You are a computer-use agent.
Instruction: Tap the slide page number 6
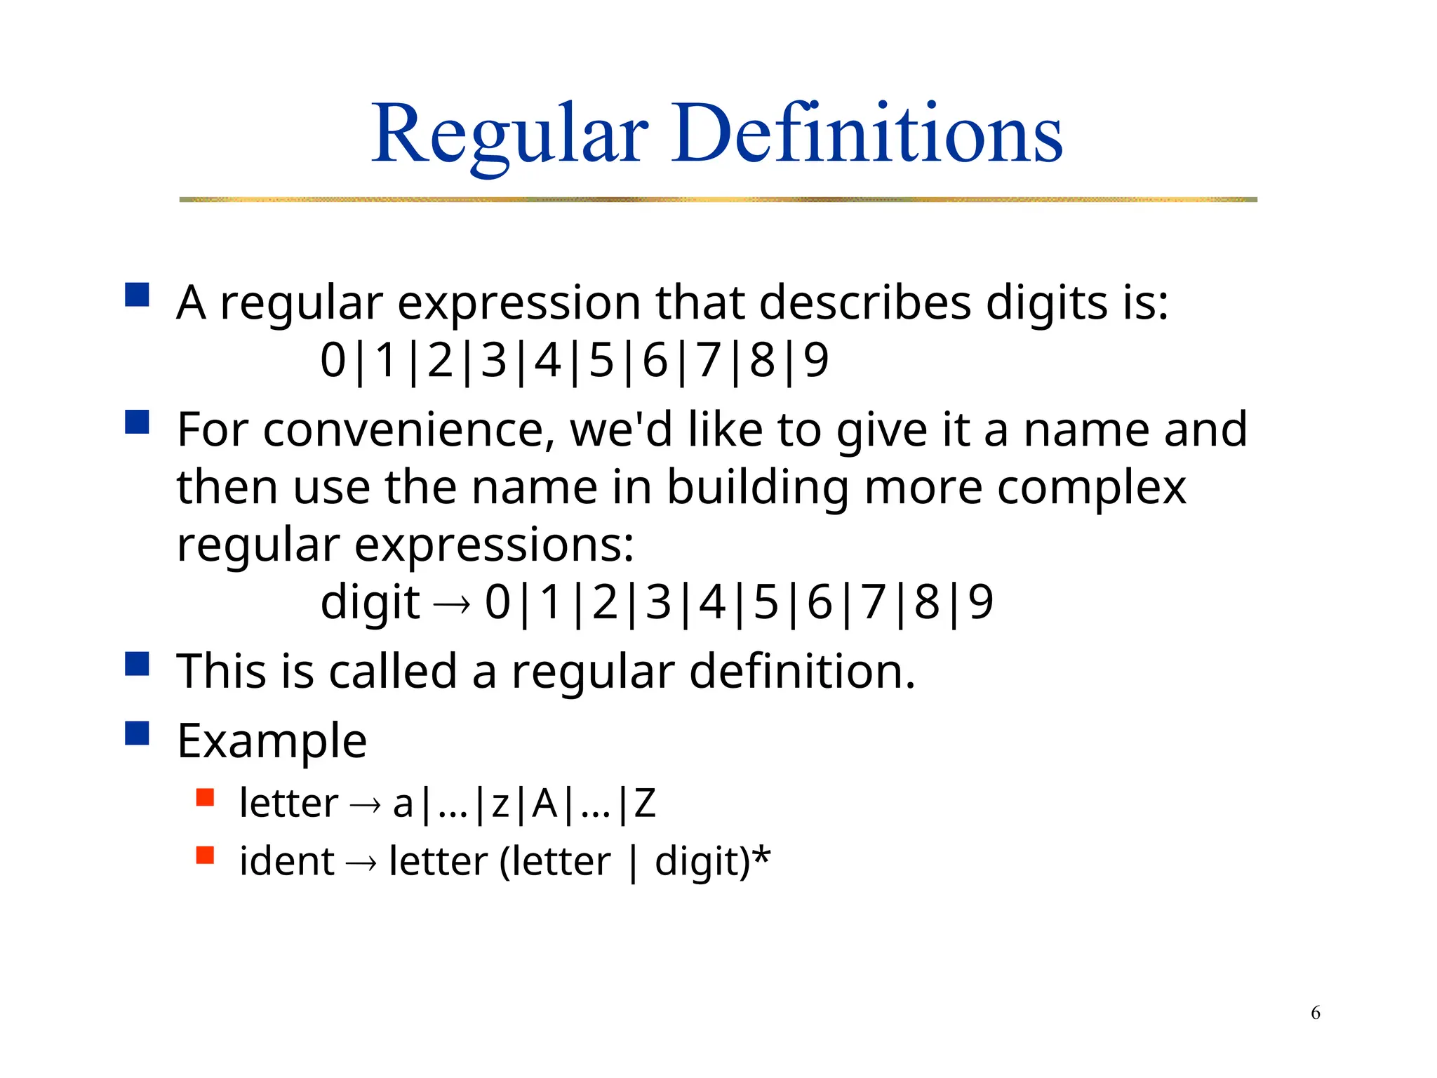1316,1013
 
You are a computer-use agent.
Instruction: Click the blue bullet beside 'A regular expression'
137,295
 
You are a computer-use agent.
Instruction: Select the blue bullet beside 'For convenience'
137,422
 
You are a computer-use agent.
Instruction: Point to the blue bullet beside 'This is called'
137,663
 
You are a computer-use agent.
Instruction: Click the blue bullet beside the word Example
137,733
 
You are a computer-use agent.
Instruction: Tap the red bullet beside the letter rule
205,797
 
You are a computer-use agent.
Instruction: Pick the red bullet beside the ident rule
205,855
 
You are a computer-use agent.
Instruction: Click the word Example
272,741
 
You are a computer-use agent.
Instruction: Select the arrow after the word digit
451,604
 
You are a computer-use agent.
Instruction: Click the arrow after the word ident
361,863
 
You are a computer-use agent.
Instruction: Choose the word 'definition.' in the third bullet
802,671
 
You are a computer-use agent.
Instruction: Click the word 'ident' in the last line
286,861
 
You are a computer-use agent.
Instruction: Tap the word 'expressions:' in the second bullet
494,546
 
